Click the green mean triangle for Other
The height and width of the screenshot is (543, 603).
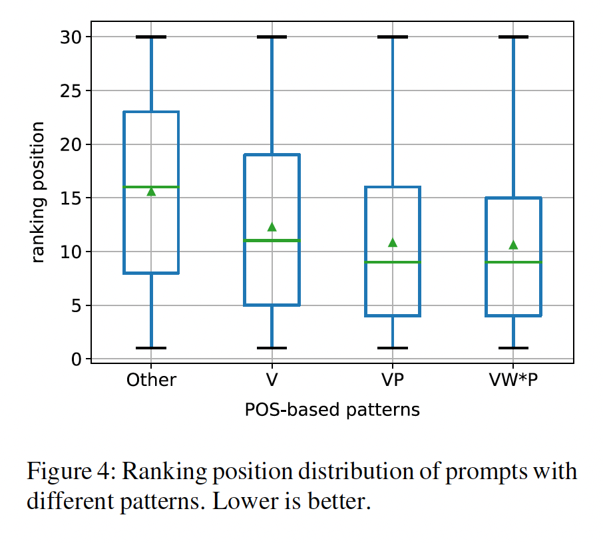pyautogui.click(x=151, y=192)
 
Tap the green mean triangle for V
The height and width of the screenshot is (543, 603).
pyautogui.click(x=272, y=227)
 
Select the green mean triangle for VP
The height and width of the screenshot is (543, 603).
pyautogui.click(x=393, y=243)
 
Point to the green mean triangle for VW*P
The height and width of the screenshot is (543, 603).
pyautogui.click(x=513, y=245)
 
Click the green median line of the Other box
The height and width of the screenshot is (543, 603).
pyautogui.click(x=133, y=187)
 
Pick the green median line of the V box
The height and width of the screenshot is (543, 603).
pyautogui.click(x=256, y=240)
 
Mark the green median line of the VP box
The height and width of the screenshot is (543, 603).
pyautogui.click(x=377, y=262)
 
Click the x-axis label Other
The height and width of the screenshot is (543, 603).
pyautogui.click(x=151, y=380)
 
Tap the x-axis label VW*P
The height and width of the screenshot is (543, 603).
pyautogui.click(x=513, y=380)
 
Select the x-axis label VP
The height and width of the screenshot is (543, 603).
pyautogui.click(x=393, y=380)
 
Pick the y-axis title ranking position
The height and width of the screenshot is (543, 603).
pyautogui.click(x=38, y=192)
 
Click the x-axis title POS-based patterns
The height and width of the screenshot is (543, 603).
pyautogui.click(x=332, y=409)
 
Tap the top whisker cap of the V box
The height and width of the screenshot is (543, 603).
pyautogui.click(x=272, y=37)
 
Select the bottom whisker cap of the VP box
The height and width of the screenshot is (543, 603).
pyautogui.click(x=393, y=348)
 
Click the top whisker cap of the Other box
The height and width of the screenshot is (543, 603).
pyautogui.click(x=151, y=37)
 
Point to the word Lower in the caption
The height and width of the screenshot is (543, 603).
pyautogui.click(x=243, y=500)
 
